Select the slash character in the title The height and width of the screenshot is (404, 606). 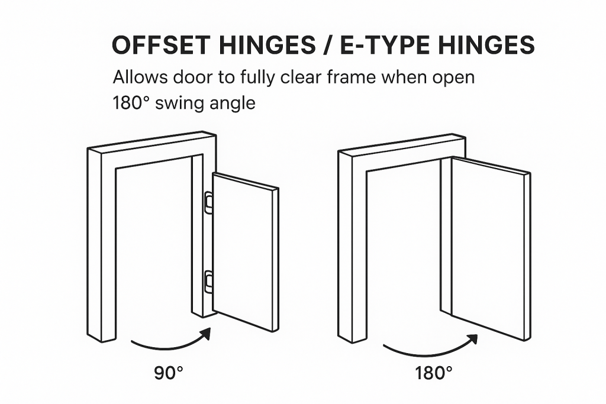(328, 45)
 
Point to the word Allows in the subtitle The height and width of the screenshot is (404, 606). (140, 77)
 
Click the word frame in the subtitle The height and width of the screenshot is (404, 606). (351, 77)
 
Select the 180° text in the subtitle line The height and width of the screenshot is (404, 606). (131, 103)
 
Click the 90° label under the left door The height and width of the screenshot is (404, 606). (169, 373)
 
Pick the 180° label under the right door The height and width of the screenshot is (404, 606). (433, 373)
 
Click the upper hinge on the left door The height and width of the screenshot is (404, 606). (208, 202)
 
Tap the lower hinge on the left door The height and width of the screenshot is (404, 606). (208, 282)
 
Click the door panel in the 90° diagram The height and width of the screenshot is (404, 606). (246, 252)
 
